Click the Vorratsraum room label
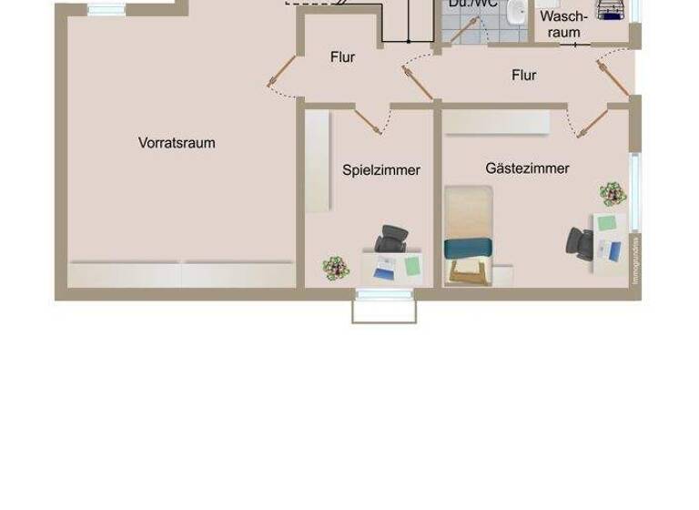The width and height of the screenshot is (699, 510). [x=177, y=143]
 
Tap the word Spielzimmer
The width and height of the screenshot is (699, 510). [x=381, y=170]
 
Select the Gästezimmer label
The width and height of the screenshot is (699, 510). [x=527, y=168]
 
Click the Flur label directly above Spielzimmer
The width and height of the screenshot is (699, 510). [x=342, y=57]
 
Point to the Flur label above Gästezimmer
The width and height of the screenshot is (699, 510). [x=523, y=76]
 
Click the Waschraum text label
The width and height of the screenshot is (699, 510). [x=563, y=25]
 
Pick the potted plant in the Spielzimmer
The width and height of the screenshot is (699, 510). [x=336, y=268]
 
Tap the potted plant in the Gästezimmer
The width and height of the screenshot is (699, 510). [x=613, y=193]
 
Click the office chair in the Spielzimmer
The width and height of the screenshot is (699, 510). [x=391, y=239]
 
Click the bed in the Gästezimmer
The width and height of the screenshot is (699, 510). [x=469, y=235]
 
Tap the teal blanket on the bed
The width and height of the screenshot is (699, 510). [x=469, y=248]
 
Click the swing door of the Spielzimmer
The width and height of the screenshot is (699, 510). [x=369, y=120]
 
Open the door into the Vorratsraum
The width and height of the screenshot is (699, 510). [x=281, y=72]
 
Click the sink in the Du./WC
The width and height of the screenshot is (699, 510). [x=516, y=12]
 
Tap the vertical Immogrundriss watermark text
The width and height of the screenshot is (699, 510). [x=636, y=260]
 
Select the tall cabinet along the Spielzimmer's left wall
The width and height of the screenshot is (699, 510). [x=318, y=160]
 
